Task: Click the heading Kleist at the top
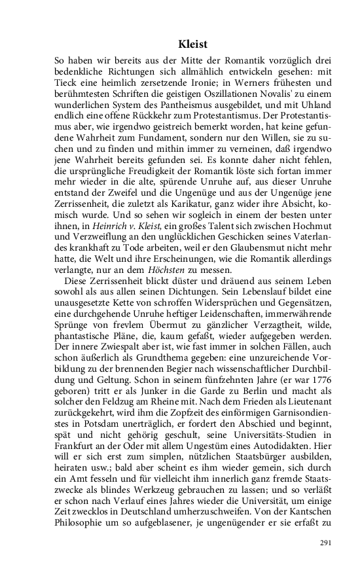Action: [x=192, y=45]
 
